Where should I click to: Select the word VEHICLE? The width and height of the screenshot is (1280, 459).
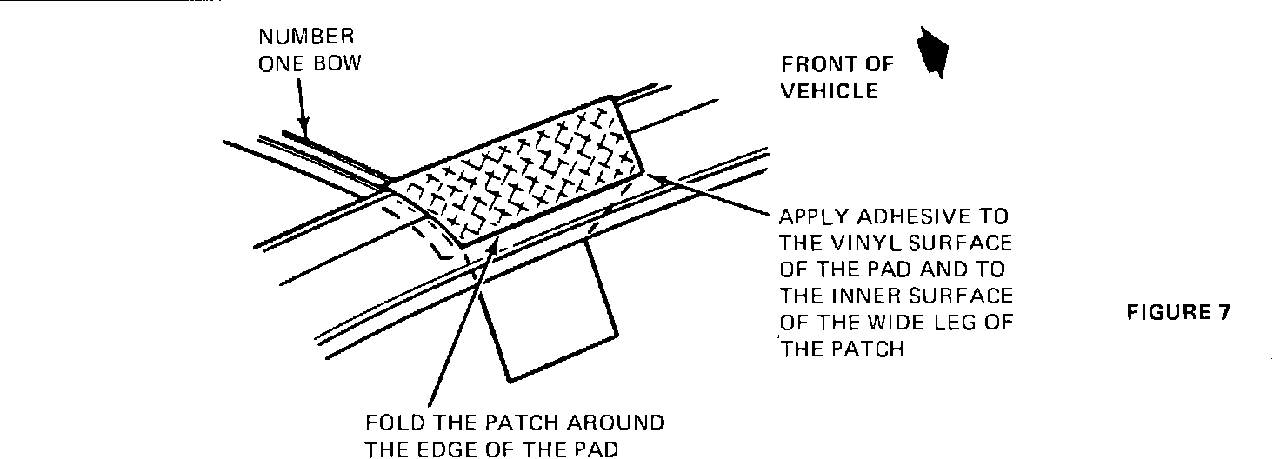click(x=830, y=91)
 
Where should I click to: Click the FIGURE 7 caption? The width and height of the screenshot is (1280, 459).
click(x=1178, y=313)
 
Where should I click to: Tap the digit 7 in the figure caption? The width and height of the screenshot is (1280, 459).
click(x=1223, y=313)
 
